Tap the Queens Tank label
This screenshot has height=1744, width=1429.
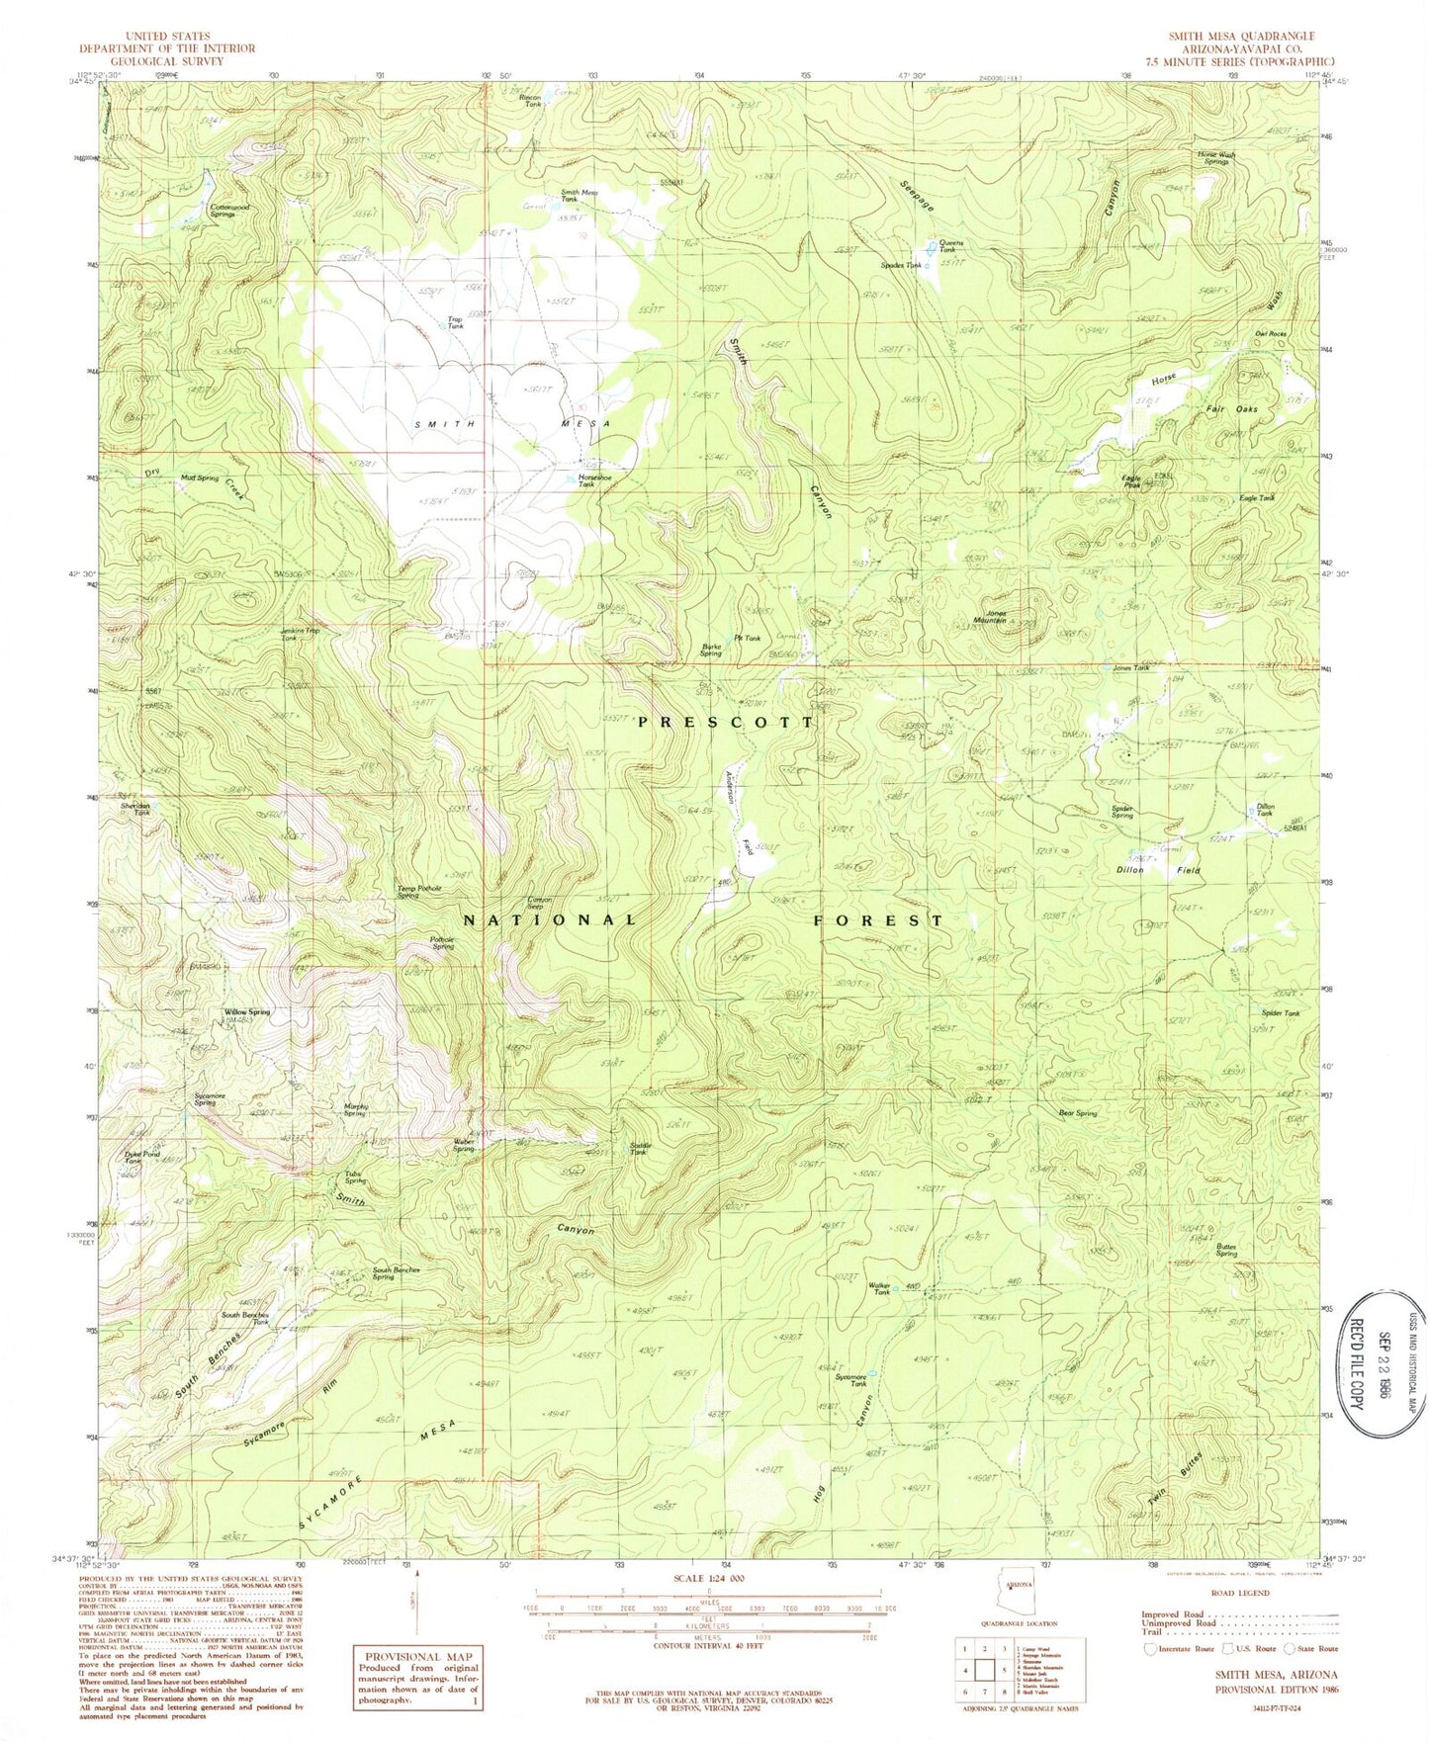(x=951, y=246)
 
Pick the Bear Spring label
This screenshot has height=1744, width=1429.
(x=1078, y=1113)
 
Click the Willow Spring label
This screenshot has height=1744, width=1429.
(x=246, y=1012)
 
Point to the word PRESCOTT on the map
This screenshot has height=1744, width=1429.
(x=727, y=723)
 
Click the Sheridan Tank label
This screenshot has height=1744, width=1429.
(x=135, y=808)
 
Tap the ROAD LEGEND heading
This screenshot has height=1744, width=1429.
(x=1241, y=1594)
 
